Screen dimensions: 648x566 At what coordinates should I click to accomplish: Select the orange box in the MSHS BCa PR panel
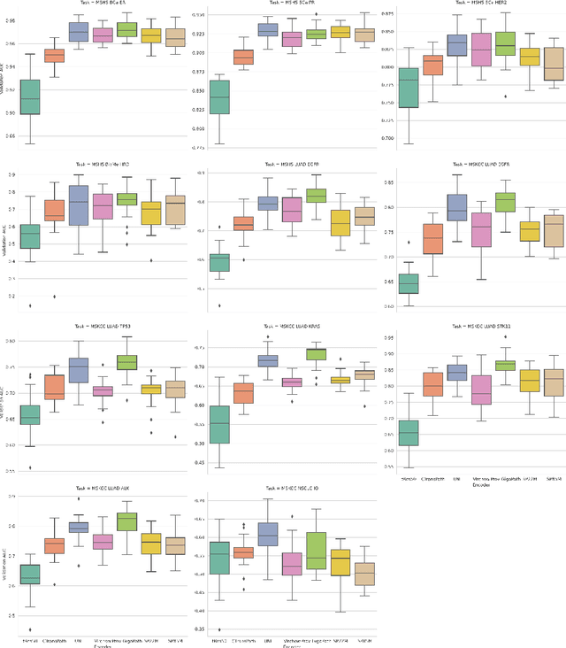(241, 57)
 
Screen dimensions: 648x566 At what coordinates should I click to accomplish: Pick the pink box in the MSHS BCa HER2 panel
(481, 50)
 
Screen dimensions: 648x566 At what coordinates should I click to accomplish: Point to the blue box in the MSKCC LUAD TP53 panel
(79, 370)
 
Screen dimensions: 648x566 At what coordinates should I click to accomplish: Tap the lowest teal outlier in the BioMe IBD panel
(30, 305)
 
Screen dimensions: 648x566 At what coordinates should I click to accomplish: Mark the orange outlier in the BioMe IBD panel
(55, 297)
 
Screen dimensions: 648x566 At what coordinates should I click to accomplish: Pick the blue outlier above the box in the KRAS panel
(267, 337)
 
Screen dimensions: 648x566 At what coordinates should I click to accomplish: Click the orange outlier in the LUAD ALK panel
(55, 584)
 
